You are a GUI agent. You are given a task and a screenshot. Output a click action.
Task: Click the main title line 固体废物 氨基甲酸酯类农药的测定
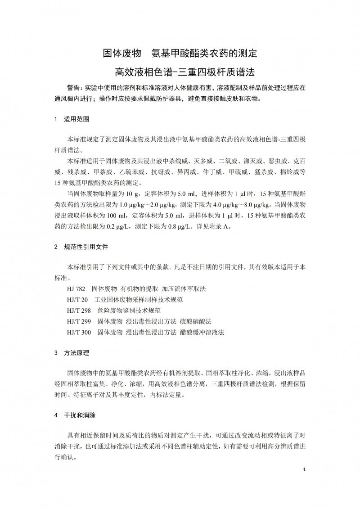click(x=180, y=54)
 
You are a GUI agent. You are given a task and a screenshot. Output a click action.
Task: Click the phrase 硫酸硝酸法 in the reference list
click(x=196, y=321)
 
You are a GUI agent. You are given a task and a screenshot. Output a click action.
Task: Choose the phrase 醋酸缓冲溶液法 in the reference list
click(x=202, y=333)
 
